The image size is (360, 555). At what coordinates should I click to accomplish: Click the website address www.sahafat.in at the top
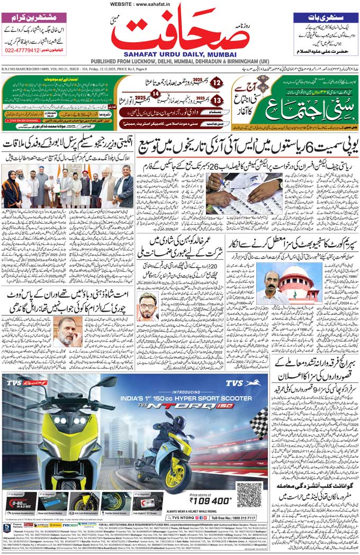click(x=180, y=4)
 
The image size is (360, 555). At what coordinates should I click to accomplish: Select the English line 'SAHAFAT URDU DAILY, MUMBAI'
click(x=180, y=53)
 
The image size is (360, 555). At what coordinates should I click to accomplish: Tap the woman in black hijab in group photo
click(x=11, y=192)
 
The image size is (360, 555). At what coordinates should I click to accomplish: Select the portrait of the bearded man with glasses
click(x=148, y=306)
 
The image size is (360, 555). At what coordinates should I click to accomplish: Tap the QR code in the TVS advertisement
click(x=249, y=495)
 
